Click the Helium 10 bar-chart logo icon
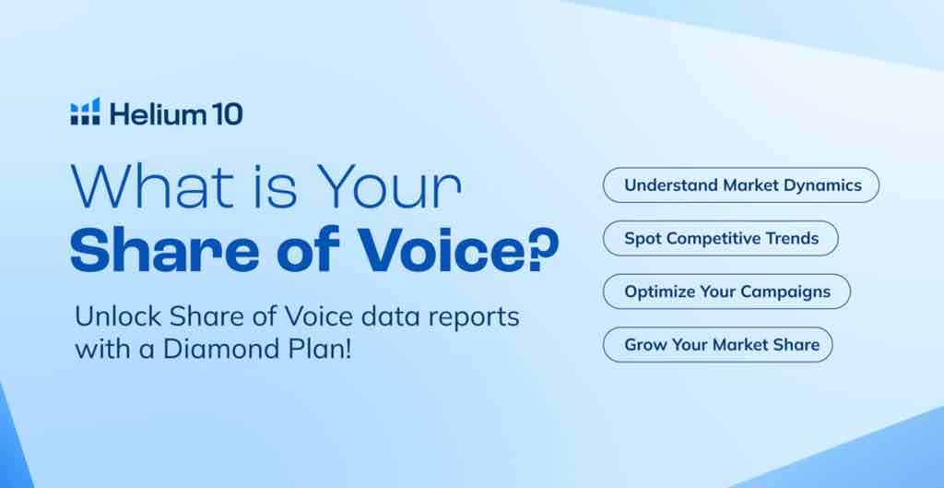point(85,112)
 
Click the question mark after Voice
point(546,248)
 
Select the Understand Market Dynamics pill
point(741,184)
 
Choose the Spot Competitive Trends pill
point(721,238)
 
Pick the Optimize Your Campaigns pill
point(726,292)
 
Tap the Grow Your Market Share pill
point(717,345)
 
